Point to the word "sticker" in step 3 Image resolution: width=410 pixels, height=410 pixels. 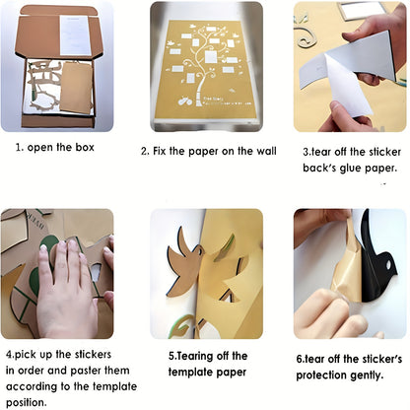[x=378, y=153]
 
